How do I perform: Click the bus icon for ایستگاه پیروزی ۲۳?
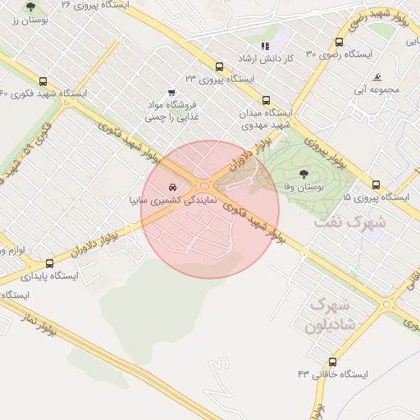tap(218, 67)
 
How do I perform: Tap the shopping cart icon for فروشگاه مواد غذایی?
tap(171, 93)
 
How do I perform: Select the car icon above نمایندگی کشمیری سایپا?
tap(171, 186)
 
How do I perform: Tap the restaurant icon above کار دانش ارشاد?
tap(264, 47)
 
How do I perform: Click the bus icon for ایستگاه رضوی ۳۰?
tap(340, 43)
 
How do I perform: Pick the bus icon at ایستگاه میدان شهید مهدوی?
tap(265, 99)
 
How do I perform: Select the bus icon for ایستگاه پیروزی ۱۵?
tap(376, 185)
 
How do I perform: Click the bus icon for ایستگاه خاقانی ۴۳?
tap(332, 362)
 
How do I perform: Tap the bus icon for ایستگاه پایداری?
tap(50, 264)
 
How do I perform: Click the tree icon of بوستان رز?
tap(31, 7)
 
